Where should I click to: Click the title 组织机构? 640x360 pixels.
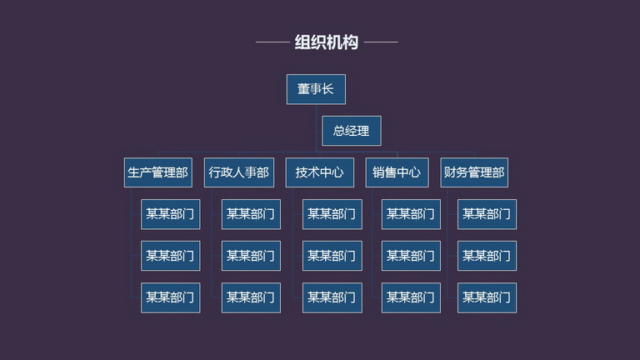coord(327,42)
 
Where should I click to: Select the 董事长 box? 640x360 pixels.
coord(316,89)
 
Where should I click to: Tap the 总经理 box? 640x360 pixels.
coord(352,131)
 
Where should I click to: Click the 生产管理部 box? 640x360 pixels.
coord(158,172)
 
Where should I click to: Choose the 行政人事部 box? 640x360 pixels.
coord(239,172)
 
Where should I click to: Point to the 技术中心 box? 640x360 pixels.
coord(320,172)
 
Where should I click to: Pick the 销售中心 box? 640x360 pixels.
coord(397,172)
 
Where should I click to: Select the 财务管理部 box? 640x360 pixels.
coord(474,172)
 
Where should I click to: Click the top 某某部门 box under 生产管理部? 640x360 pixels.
coord(170,214)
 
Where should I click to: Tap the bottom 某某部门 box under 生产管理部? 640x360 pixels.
coord(170,297)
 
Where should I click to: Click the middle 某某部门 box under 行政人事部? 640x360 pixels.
coord(251,256)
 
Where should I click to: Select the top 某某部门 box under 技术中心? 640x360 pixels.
coord(332,214)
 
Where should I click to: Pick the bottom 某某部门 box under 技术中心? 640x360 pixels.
coord(332,297)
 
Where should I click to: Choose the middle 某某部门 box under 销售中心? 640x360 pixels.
coord(411,256)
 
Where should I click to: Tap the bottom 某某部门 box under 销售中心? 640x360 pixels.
coord(411,297)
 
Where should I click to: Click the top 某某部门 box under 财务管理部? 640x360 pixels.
coord(487,214)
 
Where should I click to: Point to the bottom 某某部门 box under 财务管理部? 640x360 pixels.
coord(487,297)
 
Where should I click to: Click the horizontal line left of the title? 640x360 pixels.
coord(272,42)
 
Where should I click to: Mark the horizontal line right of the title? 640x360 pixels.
coord(381,42)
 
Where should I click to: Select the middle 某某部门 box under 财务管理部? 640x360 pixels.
coord(487,256)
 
